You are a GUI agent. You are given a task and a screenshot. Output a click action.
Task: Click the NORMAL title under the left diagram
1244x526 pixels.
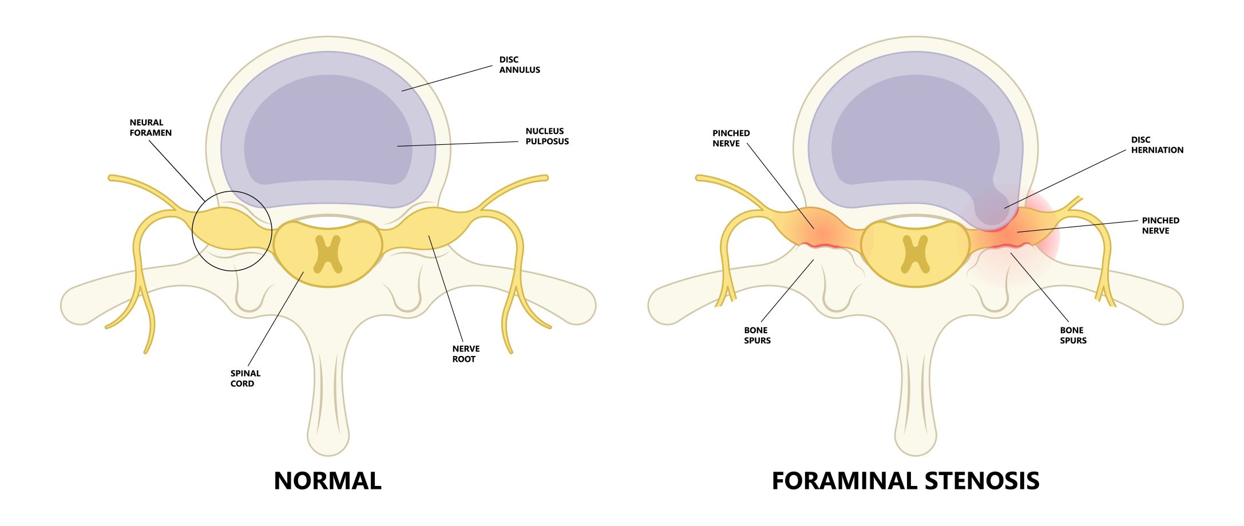tap(327, 481)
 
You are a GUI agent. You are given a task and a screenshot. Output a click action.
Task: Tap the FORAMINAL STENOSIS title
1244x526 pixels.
tap(905, 481)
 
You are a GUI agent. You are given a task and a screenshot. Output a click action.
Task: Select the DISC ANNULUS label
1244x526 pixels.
tap(519, 65)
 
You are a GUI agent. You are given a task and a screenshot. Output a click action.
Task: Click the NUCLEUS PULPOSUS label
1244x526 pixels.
tap(546, 136)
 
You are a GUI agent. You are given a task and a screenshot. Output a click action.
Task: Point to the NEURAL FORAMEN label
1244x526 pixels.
tap(150, 128)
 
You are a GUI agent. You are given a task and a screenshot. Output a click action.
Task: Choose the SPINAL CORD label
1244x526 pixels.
tap(245, 378)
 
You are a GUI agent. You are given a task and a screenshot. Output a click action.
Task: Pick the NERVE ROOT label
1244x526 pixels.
tap(465, 354)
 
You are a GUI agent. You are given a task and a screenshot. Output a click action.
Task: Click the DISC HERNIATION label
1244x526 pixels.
tap(1156, 145)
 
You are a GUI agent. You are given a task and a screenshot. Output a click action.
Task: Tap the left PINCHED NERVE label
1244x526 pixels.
tap(731, 138)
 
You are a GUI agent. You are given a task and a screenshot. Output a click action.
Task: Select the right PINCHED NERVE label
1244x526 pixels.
tap(1160, 226)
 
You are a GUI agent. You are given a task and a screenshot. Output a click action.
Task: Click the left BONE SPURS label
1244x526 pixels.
tap(756, 335)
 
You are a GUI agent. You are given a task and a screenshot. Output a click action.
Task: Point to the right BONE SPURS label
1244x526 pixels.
tap(1072, 335)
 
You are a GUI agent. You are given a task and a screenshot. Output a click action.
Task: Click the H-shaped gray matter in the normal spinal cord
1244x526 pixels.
tap(328, 254)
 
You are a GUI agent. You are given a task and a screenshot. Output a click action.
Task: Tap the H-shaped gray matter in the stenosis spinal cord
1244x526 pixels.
tap(915, 254)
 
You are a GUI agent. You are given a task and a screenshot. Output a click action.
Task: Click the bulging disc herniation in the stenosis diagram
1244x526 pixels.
tap(993, 209)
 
